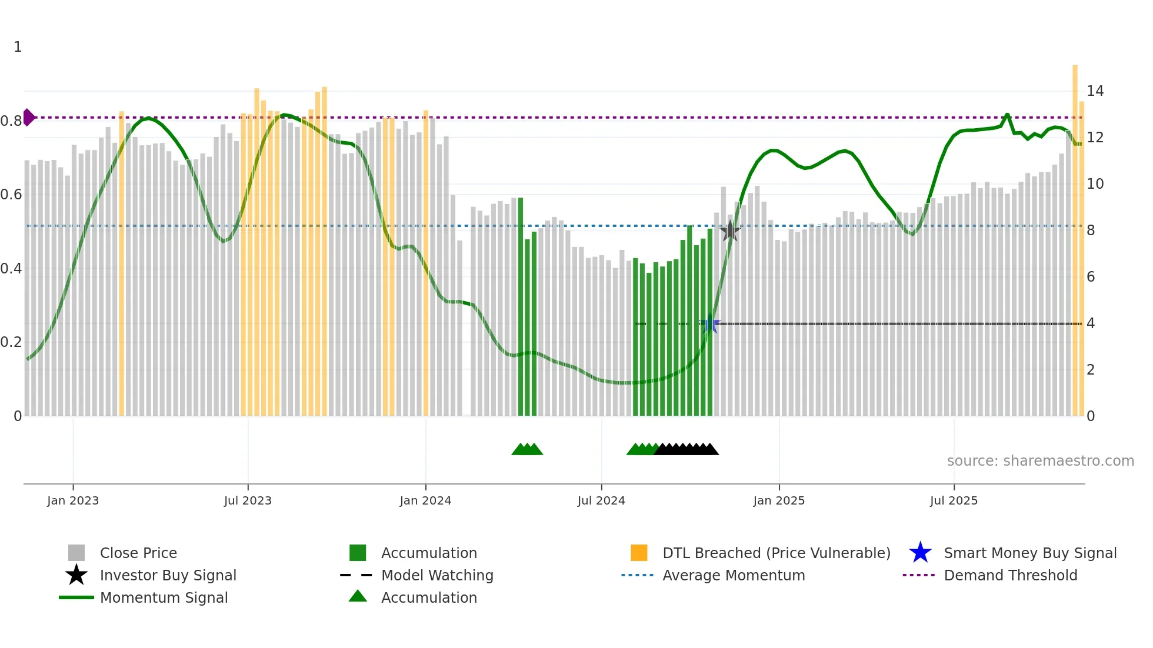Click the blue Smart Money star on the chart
(710, 323)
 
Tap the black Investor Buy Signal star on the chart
(730, 231)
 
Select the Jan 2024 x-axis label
(425, 501)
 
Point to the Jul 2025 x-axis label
(954, 501)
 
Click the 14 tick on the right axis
(1095, 91)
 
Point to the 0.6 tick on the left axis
(11, 195)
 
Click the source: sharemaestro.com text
(1040, 461)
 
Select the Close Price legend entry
(138, 553)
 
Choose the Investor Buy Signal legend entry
(168, 576)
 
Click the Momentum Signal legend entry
(164, 598)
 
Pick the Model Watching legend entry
(437, 576)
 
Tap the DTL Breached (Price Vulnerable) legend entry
(776, 553)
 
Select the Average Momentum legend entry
(734, 576)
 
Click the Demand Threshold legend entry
(1010, 576)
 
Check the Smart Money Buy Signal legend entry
(1029, 553)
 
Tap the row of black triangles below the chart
(686, 449)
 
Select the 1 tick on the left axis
(18, 47)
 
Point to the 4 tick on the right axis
(1091, 323)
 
